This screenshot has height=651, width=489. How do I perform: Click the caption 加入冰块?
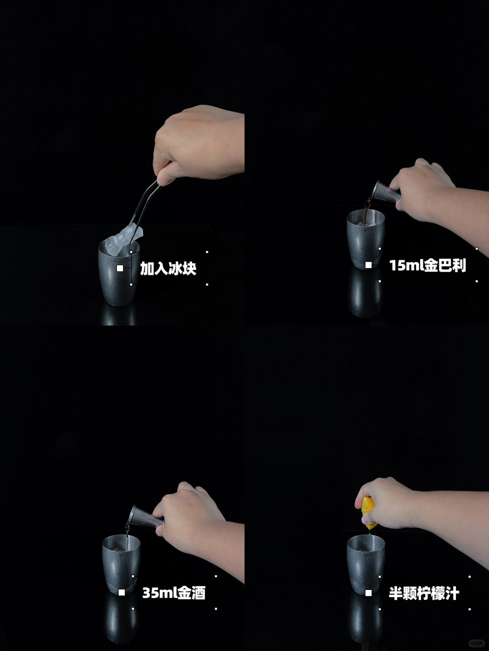tap(168, 269)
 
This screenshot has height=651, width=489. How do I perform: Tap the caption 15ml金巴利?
tap(427, 265)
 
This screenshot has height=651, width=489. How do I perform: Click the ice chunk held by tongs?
tap(125, 240)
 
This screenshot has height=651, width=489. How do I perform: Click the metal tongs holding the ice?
tap(145, 205)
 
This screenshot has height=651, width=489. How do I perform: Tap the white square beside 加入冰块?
tap(120, 268)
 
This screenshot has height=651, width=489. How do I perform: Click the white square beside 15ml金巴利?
tap(369, 265)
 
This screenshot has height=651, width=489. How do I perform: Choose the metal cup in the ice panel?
tap(119, 273)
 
